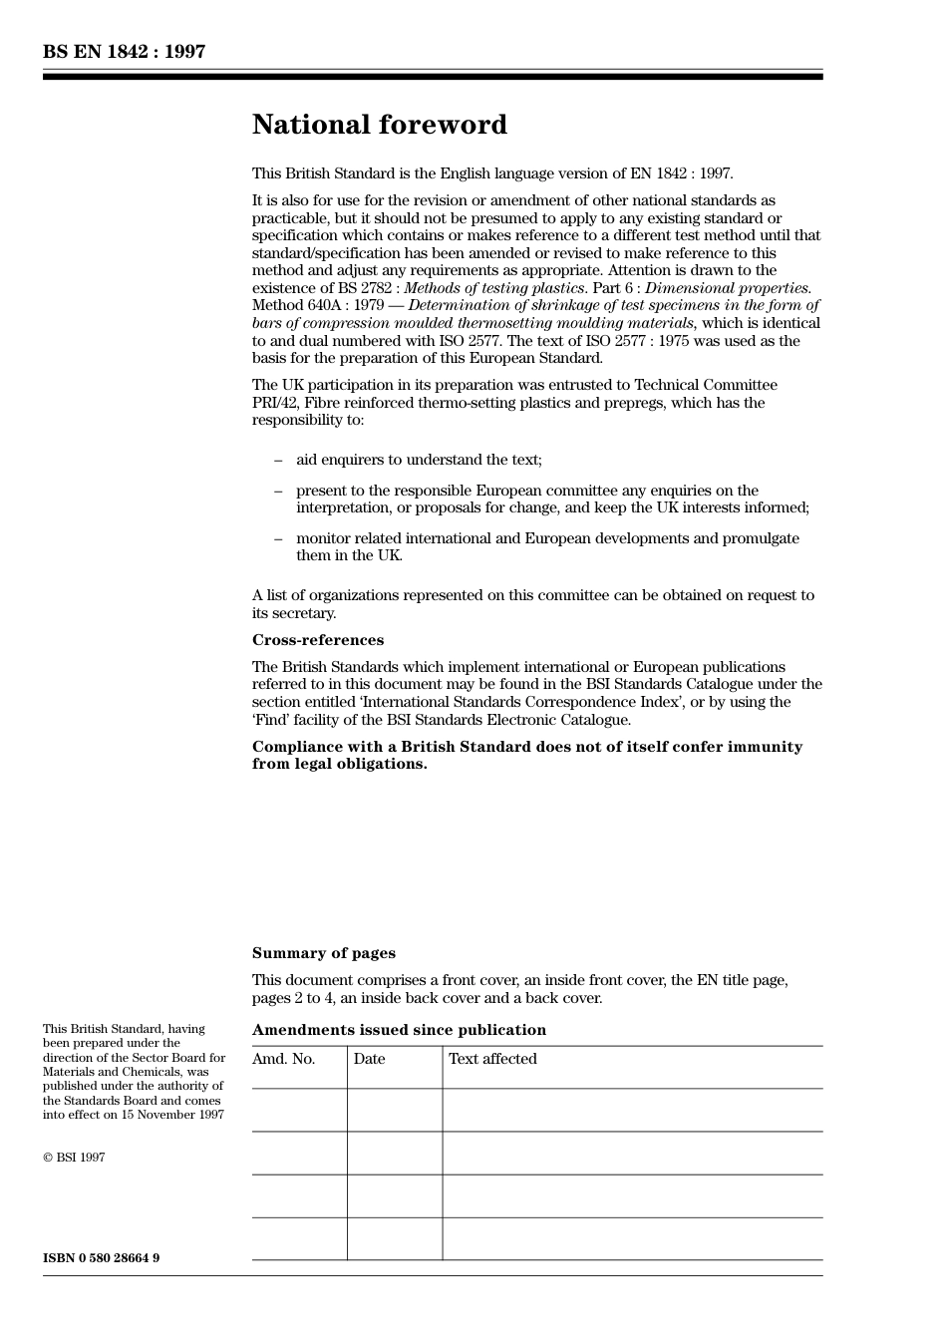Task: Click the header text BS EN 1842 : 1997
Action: tap(124, 52)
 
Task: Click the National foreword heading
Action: tap(379, 125)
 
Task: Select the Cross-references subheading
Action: tap(317, 640)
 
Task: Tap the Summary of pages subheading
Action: tap(323, 953)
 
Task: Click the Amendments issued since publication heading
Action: tap(399, 1030)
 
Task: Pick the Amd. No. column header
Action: tap(283, 1059)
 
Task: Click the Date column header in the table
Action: tap(369, 1059)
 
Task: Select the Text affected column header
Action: tap(492, 1059)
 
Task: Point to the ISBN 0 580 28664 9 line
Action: tap(101, 1258)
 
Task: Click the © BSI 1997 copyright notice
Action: tap(74, 1158)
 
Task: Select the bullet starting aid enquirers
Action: tap(419, 460)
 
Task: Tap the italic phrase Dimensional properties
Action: tap(728, 288)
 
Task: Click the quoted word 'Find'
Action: tap(270, 720)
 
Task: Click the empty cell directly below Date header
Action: tap(395, 1110)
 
